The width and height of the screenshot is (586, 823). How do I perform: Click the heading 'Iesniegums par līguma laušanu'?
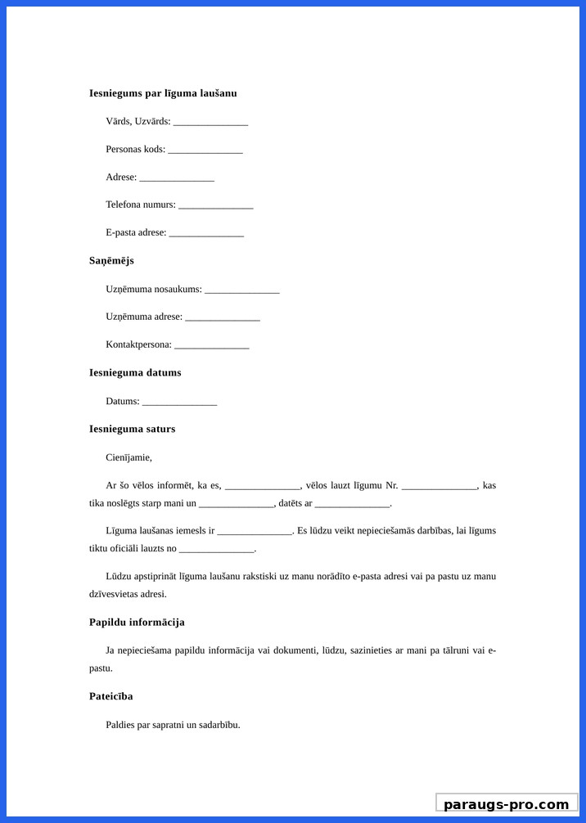tap(163, 93)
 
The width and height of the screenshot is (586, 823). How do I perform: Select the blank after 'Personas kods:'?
tap(205, 151)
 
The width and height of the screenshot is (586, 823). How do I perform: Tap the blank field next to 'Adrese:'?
tap(177, 178)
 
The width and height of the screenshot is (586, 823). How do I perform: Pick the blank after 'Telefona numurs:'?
tap(215, 206)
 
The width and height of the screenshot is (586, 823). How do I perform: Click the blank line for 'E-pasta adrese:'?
tap(206, 234)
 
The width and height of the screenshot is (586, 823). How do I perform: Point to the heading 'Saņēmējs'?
tap(111, 261)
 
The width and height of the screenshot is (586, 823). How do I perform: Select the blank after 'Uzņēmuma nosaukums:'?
tap(242, 290)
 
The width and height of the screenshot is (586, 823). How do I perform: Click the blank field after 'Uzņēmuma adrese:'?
tap(223, 318)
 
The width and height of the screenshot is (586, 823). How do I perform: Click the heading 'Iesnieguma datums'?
tap(135, 373)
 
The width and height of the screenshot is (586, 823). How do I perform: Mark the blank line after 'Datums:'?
tap(179, 403)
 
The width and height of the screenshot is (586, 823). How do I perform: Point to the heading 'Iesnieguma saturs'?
tap(132, 429)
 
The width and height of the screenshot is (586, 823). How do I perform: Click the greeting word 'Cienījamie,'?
tap(128, 457)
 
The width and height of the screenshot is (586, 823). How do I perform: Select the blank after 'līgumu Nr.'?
tap(439, 487)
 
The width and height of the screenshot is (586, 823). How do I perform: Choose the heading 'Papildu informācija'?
tap(137, 623)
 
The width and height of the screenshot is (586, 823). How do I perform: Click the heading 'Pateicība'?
tap(111, 697)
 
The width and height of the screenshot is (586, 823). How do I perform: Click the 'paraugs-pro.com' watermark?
tap(507, 804)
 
